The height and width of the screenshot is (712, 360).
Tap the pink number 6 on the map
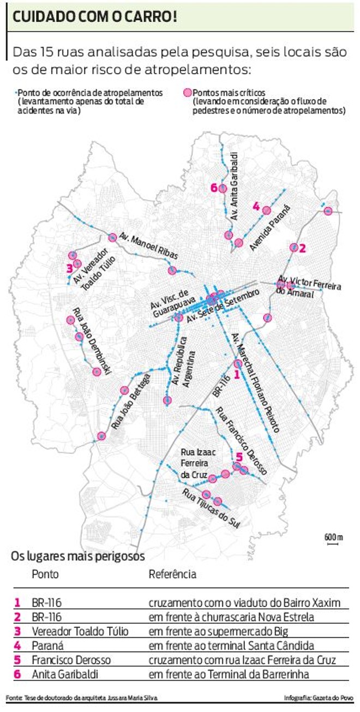coord(213,188)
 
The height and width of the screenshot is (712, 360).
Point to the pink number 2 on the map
coord(303,247)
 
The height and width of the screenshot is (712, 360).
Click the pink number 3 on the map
coord(69,268)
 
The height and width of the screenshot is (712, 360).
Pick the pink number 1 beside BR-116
coord(236,375)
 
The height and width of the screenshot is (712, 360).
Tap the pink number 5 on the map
coord(238,457)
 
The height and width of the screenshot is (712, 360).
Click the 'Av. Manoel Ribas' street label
coord(143,247)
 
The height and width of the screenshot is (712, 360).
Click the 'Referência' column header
coord(172,574)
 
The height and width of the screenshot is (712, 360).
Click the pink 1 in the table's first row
coord(17,603)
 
